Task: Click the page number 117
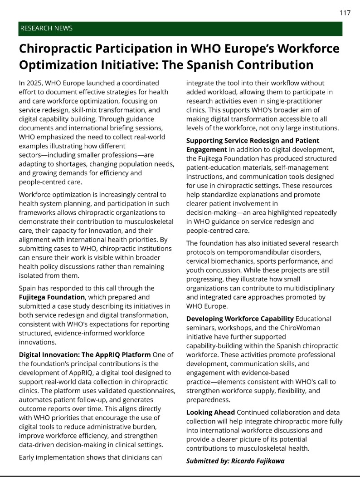(x=345, y=13)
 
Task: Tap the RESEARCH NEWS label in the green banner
(x=46, y=29)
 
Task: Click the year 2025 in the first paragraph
(x=37, y=83)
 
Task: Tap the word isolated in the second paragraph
(x=32, y=275)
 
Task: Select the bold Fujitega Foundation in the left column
(x=52, y=297)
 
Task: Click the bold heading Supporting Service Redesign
(x=253, y=141)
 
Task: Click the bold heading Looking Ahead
(x=211, y=413)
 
